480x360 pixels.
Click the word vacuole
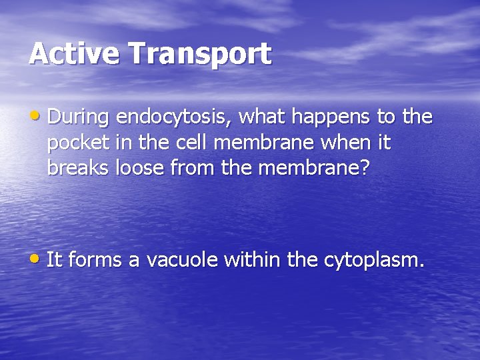[181, 259]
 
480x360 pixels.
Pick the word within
[253, 259]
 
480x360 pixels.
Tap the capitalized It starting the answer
[54, 259]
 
